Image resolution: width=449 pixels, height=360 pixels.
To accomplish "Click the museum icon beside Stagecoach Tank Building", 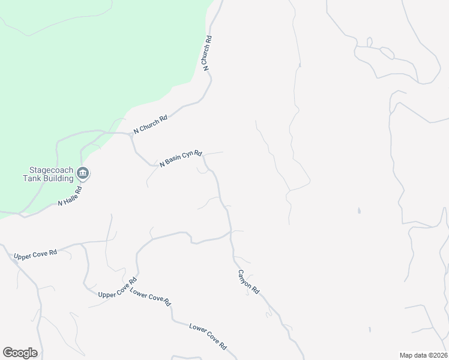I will (83, 174).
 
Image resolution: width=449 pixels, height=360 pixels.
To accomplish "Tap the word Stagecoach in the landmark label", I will (47, 170).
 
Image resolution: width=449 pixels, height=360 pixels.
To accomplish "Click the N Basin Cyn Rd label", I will (181, 158).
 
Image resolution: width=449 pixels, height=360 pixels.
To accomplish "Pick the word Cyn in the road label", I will (187, 157).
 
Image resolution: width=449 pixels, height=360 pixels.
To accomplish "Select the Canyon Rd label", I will (247, 281).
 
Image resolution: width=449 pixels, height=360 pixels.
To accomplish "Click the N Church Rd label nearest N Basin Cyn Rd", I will (150, 124).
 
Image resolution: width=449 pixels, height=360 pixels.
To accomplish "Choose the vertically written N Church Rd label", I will (208, 53).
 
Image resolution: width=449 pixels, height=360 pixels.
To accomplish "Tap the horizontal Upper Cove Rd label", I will (35, 253).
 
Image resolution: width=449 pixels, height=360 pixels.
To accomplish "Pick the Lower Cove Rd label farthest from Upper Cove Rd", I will (208, 337).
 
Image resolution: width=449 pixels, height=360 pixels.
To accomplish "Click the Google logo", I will (20, 353).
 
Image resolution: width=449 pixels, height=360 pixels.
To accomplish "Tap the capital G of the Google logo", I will (8, 353).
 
